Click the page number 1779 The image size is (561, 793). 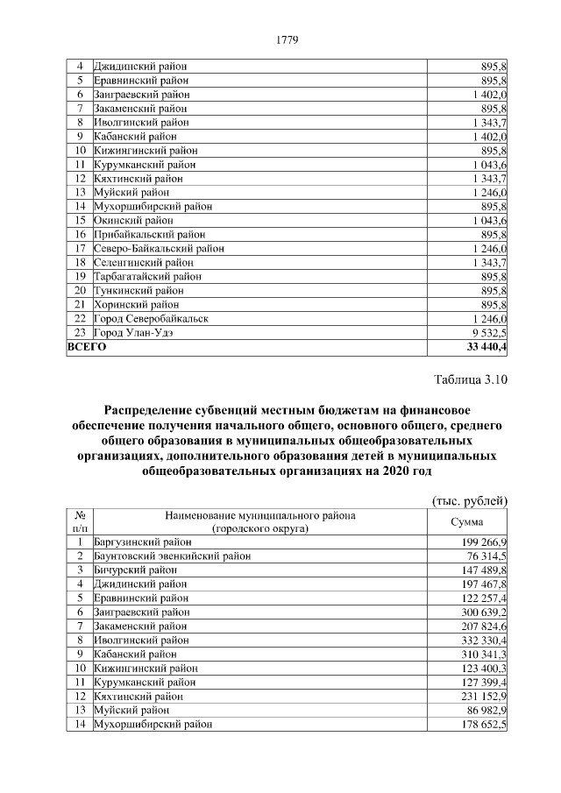click(288, 39)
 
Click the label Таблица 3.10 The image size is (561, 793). click(471, 379)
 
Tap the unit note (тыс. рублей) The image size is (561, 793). click(471, 500)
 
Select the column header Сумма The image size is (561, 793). click(466, 522)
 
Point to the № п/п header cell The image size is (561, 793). click(79, 522)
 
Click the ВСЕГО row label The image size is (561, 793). click(87, 347)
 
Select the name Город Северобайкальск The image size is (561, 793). click(151, 319)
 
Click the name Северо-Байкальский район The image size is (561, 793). click(159, 249)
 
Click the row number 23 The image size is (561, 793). click(79, 333)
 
